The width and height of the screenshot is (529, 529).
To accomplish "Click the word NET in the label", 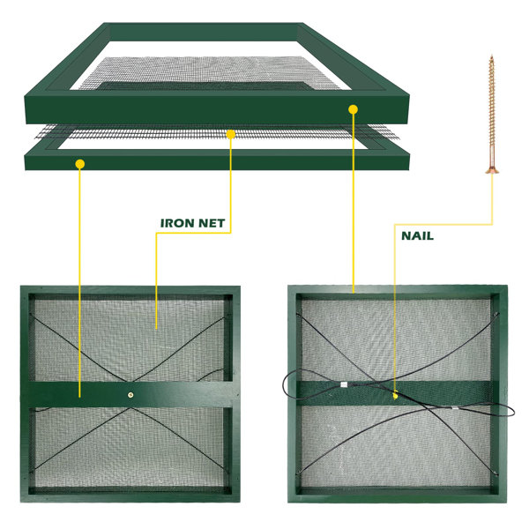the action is point(212,223).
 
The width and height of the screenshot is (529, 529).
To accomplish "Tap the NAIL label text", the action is point(417,235).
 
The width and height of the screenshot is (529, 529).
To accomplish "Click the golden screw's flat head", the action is point(492,171).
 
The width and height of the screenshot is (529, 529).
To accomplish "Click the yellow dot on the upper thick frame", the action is point(353,109).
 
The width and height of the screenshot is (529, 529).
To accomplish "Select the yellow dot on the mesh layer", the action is point(231,134).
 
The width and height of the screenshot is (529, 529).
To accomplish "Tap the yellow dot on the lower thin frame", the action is point(80,164).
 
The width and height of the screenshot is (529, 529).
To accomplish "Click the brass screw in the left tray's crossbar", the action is point(130,395).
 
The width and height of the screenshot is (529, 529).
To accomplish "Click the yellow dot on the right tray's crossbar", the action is point(395,395).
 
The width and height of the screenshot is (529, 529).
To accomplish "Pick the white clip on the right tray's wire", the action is point(344,384).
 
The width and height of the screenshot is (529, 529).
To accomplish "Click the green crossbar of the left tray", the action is point(130,394).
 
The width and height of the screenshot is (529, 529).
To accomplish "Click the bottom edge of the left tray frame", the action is point(130,498).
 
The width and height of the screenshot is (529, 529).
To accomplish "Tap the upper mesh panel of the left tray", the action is point(130,340).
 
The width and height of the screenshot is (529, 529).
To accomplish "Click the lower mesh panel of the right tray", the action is point(394,446).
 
